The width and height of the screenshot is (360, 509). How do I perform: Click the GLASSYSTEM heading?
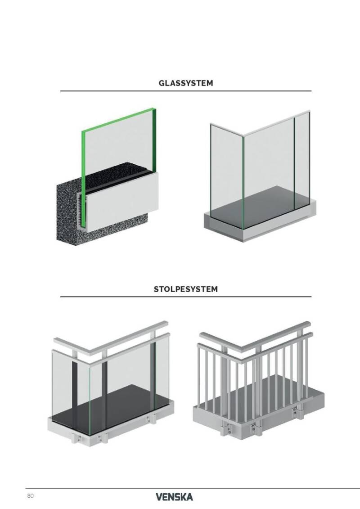(186, 83)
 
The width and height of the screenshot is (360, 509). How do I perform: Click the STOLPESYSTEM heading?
(186, 289)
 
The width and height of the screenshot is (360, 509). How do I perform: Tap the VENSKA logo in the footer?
(174, 497)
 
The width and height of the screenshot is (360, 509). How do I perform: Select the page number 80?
(30, 495)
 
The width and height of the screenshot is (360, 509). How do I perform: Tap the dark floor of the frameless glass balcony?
(260, 204)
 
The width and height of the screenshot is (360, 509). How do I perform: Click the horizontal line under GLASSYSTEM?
(186, 91)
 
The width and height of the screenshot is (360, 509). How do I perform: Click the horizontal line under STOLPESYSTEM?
(186, 297)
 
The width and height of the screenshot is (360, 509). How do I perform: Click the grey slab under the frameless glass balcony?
(260, 224)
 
